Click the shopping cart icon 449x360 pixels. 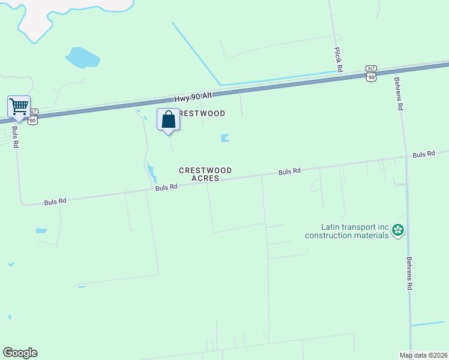pos(19,107)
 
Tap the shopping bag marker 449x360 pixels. pos(168,119)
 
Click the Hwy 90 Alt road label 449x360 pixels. pos(193,97)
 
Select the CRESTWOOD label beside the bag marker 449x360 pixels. pos(202,113)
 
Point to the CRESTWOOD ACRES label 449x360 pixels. pos(205,174)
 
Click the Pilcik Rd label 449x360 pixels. pos(339,61)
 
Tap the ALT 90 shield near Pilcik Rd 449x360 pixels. pos(372,73)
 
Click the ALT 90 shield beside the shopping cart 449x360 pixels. pos(33,116)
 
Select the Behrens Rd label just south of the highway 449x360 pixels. pos(398,93)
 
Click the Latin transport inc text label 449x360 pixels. pos(346,231)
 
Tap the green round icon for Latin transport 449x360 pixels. pos(398,230)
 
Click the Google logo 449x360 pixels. pos(20,353)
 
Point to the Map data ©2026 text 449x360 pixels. pos(423,355)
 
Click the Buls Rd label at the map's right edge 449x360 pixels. pos(424,154)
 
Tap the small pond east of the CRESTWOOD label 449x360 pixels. pos(225,139)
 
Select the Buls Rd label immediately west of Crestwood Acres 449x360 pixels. pos(166,187)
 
